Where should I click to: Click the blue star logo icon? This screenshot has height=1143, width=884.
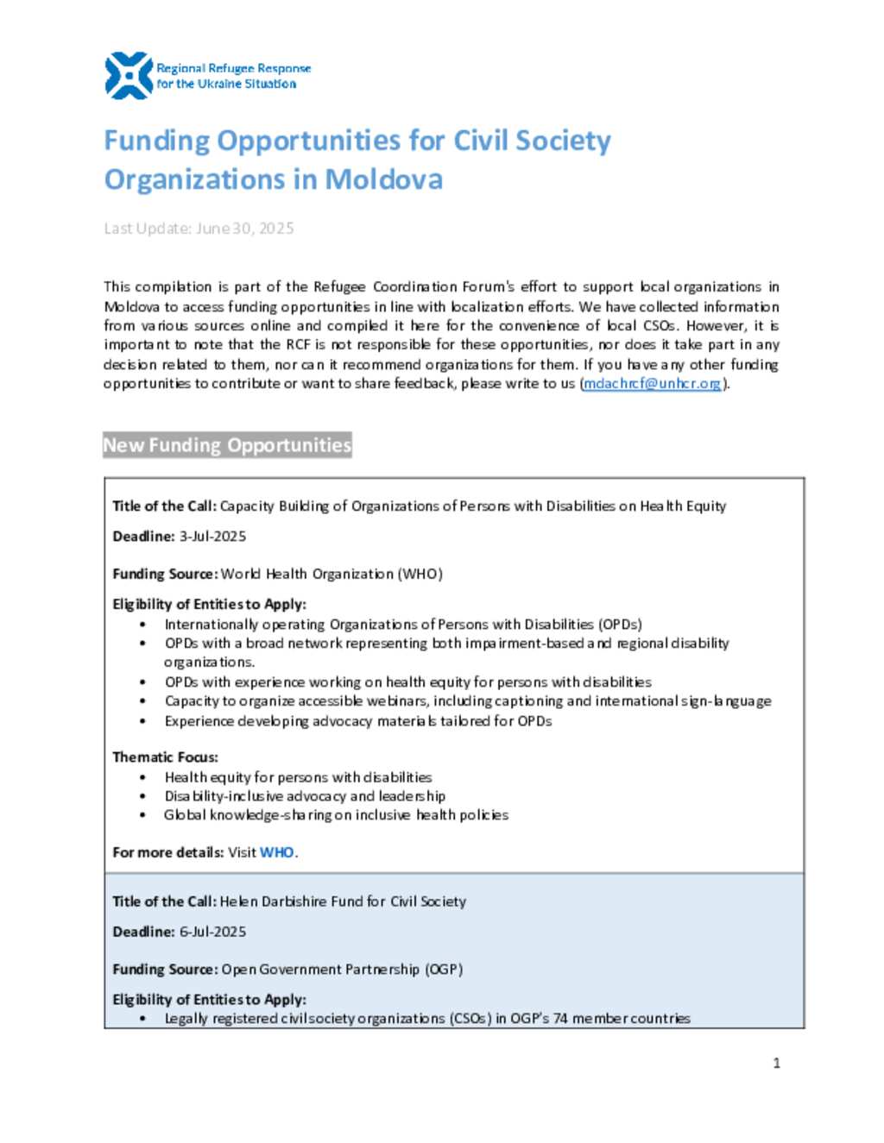pyautogui.click(x=129, y=76)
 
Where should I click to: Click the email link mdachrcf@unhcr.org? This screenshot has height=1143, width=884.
pyautogui.click(x=652, y=384)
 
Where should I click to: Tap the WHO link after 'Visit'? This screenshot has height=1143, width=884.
pyautogui.click(x=276, y=852)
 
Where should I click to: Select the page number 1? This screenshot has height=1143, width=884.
pyautogui.click(x=776, y=1063)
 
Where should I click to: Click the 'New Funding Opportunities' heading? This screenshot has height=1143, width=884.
pyautogui.click(x=227, y=445)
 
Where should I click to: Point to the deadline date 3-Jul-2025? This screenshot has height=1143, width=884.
pyautogui.click(x=212, y=537)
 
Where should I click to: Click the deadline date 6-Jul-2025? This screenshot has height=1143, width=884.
pyautogui.click(x=212, y=932)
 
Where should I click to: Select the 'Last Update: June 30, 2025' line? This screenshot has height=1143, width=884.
pyautogui.click(x=199, y=229)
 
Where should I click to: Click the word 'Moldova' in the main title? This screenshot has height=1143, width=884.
pyautogui.click(x=383, y=179)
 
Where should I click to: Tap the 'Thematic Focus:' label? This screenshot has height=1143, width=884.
pyautogui.click(x=165, y=757)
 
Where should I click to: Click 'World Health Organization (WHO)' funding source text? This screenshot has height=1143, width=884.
pyautogui.click(x=331, y=575)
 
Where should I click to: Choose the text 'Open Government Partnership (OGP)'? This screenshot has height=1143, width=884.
pyautogui.click(x=342, y=970)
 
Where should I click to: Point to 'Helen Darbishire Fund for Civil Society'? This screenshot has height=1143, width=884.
pyautogui.click(x=343, y=901)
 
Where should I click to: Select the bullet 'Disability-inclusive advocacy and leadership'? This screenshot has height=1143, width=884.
pyautogui.click(x=305, y=796)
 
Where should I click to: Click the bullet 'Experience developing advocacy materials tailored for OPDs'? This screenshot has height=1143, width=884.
pyautogui.click(x=358, y=721)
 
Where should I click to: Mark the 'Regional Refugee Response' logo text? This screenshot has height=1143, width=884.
pyautogui.click(x=233, y=68)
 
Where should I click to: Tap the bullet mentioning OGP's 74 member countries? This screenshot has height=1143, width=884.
pyautogui.click(x=427, y=1019)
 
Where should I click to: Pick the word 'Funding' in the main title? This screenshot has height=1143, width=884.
pyautogui.click(x=156, y=141)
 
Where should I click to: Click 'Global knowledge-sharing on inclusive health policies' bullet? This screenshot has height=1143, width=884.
pyautogui.click(x=336, y=815)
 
